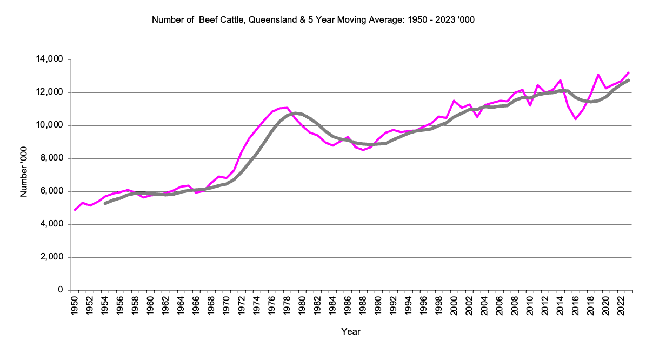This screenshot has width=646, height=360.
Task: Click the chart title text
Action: (x=313, y=20)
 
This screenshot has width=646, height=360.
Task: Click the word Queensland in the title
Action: (x=274, y=20)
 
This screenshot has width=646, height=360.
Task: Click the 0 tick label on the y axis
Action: (x=62, y=290)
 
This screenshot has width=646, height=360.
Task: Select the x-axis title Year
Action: (x=351, y=331)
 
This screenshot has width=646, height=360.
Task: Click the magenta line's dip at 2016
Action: (x=576, y=119)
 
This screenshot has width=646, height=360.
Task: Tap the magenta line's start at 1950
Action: (x=75, y=210)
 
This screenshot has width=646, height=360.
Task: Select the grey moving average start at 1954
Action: (x=105, y=203)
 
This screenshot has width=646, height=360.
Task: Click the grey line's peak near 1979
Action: (x=295, y=113)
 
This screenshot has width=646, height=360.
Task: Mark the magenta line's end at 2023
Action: (x=628, y=72)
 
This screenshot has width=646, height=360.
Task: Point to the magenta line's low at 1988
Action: (x=363, y=150)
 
